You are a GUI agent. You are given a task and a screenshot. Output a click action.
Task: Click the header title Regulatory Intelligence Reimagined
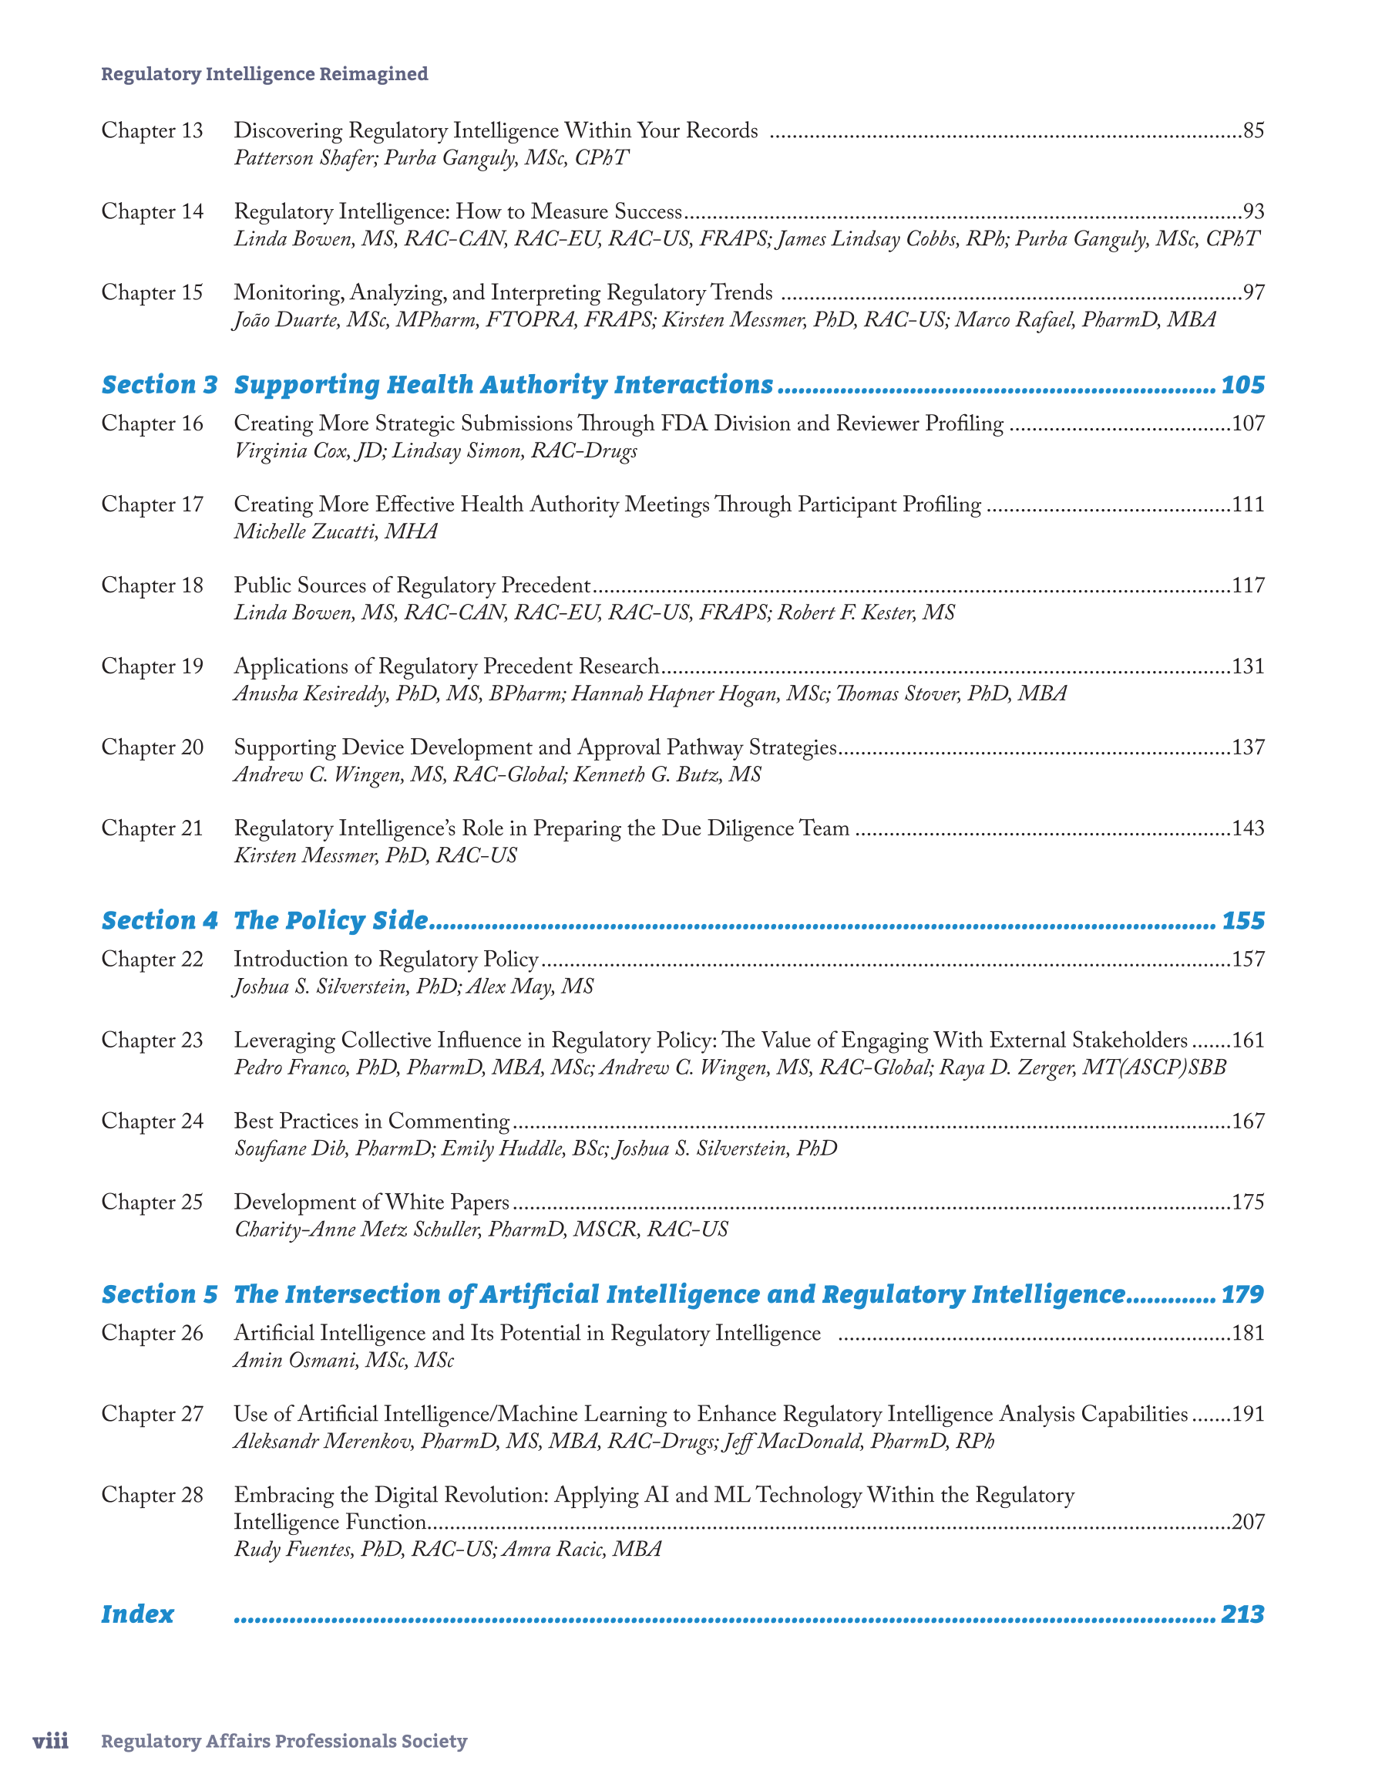264,74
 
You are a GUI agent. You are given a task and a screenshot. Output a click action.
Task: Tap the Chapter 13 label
152,130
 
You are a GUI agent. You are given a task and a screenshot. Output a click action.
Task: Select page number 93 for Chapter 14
1252,212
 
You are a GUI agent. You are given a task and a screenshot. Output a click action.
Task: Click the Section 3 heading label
160,385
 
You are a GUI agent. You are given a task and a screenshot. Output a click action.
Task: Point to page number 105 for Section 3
1242,385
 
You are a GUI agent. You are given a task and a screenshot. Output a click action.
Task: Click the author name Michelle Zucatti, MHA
336,531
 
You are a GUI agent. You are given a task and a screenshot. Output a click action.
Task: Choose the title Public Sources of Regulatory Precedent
412,585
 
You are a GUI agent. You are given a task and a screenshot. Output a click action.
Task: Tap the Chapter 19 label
152,666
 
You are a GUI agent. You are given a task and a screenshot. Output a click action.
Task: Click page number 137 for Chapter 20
1247,747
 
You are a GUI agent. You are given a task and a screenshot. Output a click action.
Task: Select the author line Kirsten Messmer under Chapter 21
375,855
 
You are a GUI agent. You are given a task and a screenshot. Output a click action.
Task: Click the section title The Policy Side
330,921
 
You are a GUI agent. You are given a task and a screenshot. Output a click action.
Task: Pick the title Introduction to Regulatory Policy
386,959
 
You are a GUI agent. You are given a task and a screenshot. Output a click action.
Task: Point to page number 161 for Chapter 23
1247,1041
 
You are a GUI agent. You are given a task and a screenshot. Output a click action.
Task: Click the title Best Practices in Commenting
371,1122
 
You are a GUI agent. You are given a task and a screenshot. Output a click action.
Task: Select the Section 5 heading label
160,1294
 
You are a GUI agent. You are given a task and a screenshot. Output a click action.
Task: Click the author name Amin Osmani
343,1360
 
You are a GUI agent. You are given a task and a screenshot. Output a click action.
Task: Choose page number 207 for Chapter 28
1247,1522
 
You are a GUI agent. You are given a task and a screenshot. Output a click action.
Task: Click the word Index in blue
137,1614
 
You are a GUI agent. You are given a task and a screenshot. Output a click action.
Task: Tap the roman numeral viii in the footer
51,1741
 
